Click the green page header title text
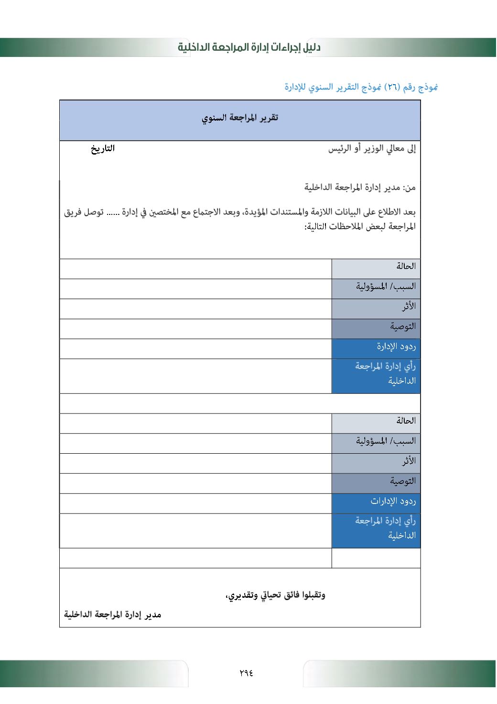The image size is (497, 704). (x=249, y=47)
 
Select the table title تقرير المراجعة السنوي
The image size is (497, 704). (x=240, y=118)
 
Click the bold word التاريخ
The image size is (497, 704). (x=103, y=148)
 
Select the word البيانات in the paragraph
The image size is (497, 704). (x=338, y=212)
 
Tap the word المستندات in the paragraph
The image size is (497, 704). (x=280, y=212)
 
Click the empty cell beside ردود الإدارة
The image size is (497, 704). (x=195, y=349)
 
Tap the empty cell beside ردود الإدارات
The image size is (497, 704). (x=195, y=503)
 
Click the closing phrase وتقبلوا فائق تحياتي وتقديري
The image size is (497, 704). (x=275, y=595)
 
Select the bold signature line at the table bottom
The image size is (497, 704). (x=113, y=615)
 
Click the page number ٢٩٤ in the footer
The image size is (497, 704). (x=246, y=672)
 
